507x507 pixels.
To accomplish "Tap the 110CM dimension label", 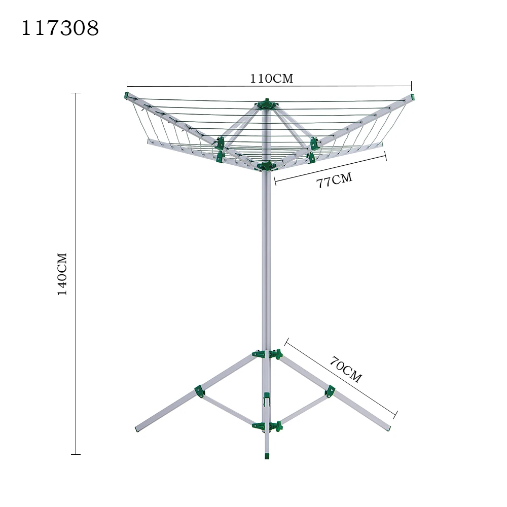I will pos(271,79).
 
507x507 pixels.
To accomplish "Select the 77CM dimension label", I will pos(334,180).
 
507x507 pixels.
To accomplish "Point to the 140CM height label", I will pos(62,274).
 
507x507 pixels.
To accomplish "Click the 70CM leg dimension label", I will pos(346,370).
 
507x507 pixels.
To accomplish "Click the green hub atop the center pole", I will pos(267,105).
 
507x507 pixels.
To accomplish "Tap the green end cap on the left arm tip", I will pos(126,95).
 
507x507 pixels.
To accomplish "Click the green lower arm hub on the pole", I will pos(266,165).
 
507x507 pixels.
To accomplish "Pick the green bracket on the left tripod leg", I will pos(199,391).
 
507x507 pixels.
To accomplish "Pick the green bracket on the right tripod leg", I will pos(330,391).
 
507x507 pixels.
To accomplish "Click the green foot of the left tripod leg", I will pos(137,429).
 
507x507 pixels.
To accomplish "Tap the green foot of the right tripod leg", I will pos(389,428).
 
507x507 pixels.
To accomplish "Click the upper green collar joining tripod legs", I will pos(267,353).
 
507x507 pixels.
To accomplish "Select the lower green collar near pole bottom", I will pos(267,426).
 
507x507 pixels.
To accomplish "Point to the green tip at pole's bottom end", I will pos(267,456).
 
